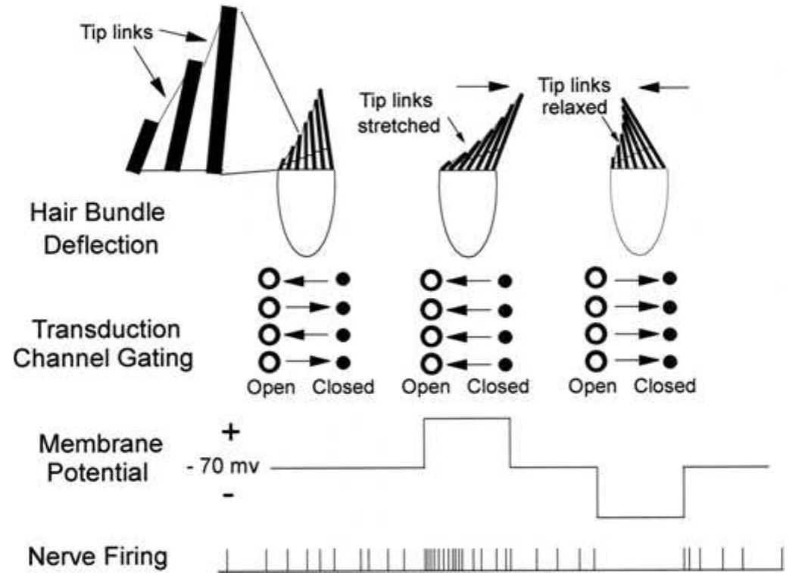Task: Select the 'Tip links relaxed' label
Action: click(574, 95)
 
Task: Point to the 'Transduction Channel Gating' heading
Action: click(104, 343)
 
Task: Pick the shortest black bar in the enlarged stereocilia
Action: click(142, 146)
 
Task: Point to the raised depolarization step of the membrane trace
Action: click(467, 418)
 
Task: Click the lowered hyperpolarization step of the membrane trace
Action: click(640, 517)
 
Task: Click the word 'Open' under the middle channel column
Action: click(426, 386)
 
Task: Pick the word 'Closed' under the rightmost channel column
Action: click(664, 385)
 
